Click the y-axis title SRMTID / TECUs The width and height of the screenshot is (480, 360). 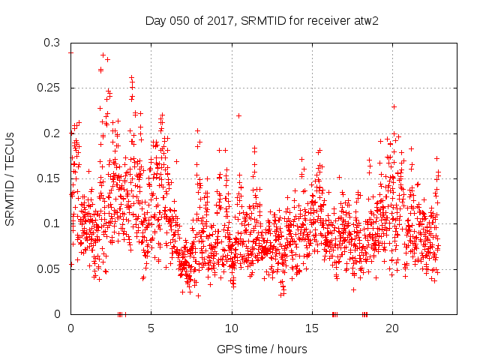(10, 178)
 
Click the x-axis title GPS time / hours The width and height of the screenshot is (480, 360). (262, 349)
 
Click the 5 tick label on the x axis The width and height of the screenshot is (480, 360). (151, 328)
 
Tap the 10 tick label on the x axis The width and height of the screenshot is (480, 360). (232, 328)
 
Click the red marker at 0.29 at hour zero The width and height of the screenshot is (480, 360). (70, 52)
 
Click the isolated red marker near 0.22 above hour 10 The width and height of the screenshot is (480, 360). (238, 115)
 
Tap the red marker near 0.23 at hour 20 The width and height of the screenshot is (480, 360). (394, 106)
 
